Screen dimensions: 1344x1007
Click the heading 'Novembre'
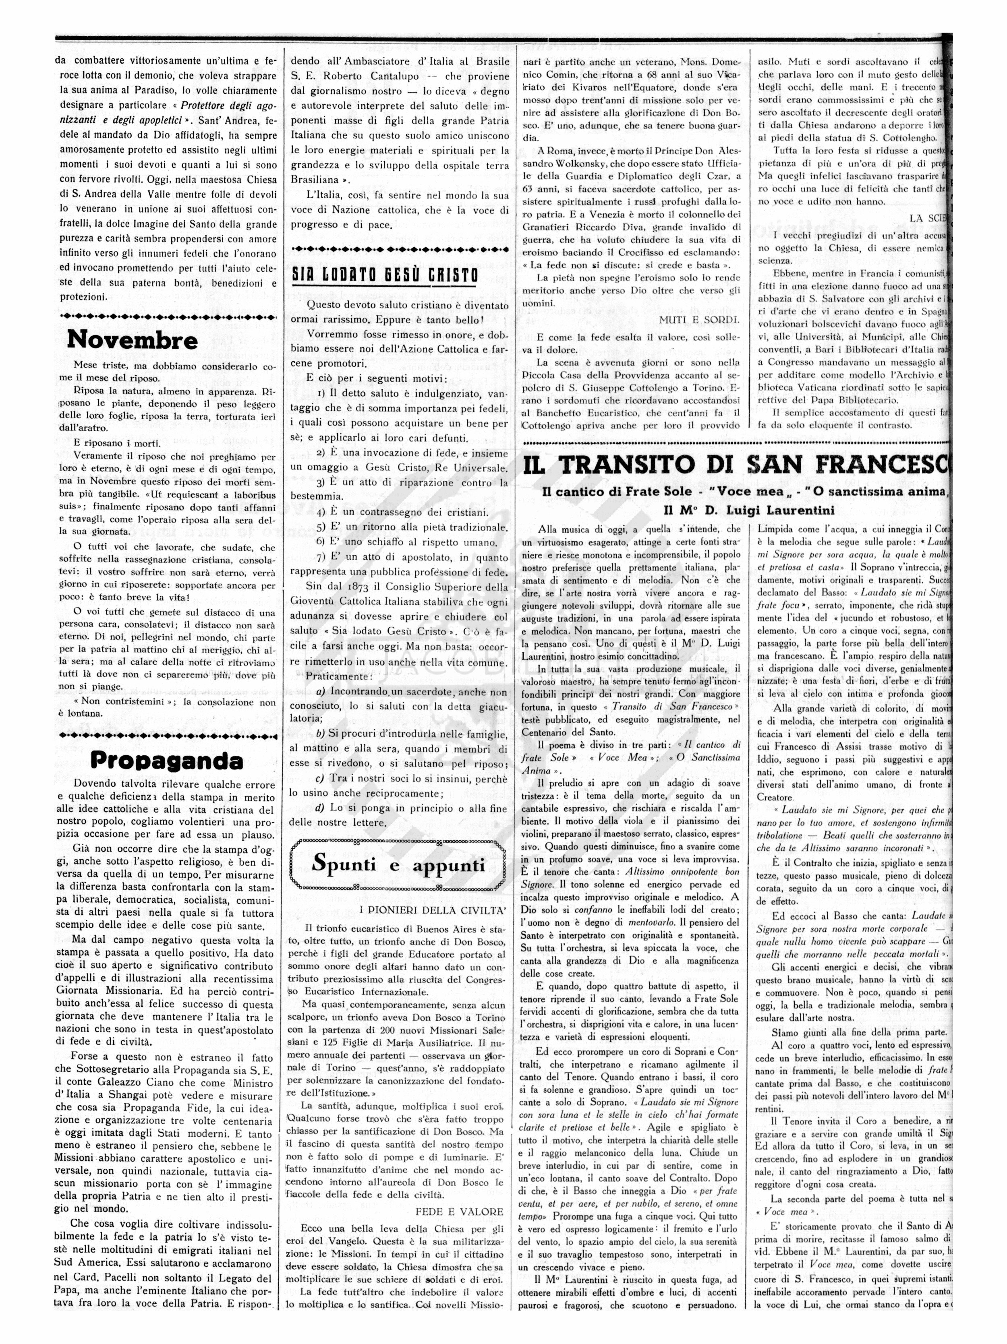pyautogui.click(x=132, y=339)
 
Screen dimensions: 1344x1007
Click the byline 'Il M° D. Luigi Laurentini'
pyautogui.click(x=749, y=510)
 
